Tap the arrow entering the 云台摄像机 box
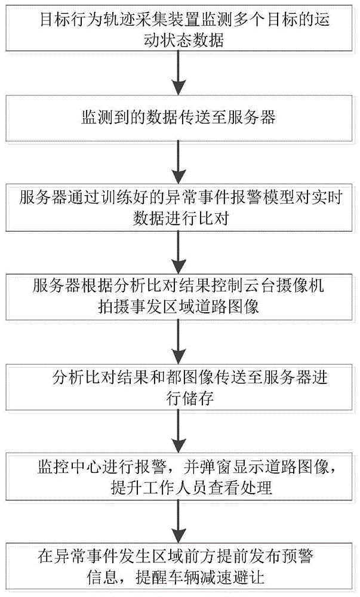click(x=177, y=250)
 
